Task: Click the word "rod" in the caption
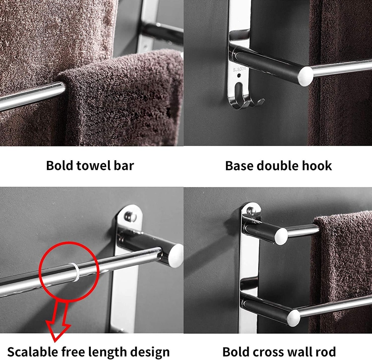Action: tap(326, 352)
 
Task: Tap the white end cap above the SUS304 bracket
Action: tap(305, 76)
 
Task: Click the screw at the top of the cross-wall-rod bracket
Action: tap(251, 210)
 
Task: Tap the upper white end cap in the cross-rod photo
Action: tap(281, 236)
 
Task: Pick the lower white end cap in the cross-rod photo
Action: tap(294, 318)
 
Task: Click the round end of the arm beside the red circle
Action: tap(176, 256)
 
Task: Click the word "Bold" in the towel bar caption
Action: tap(60, 166)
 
